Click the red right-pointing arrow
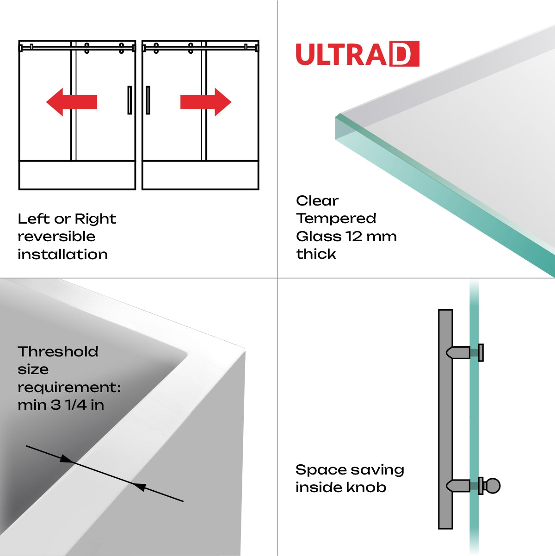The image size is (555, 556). (x=206, y=102)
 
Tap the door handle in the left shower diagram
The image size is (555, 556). (x=129, y=100)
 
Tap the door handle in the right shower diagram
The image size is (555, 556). (x=148, y=100)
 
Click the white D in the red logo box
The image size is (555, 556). (x=404, y=54)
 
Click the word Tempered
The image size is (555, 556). (x=336, y=219)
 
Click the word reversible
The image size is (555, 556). (x=56, y=237)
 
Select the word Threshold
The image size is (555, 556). (x=58, y=352)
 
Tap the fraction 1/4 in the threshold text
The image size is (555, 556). (x=75, y=405)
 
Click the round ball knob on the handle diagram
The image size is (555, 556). (x=493, y=486)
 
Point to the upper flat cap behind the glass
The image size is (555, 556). (x=481, y=353)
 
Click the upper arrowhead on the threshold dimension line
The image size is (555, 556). (x=67, y=459)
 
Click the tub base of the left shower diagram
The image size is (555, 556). (x=77, y=175)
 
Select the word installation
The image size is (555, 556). (x=62, y=255)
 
